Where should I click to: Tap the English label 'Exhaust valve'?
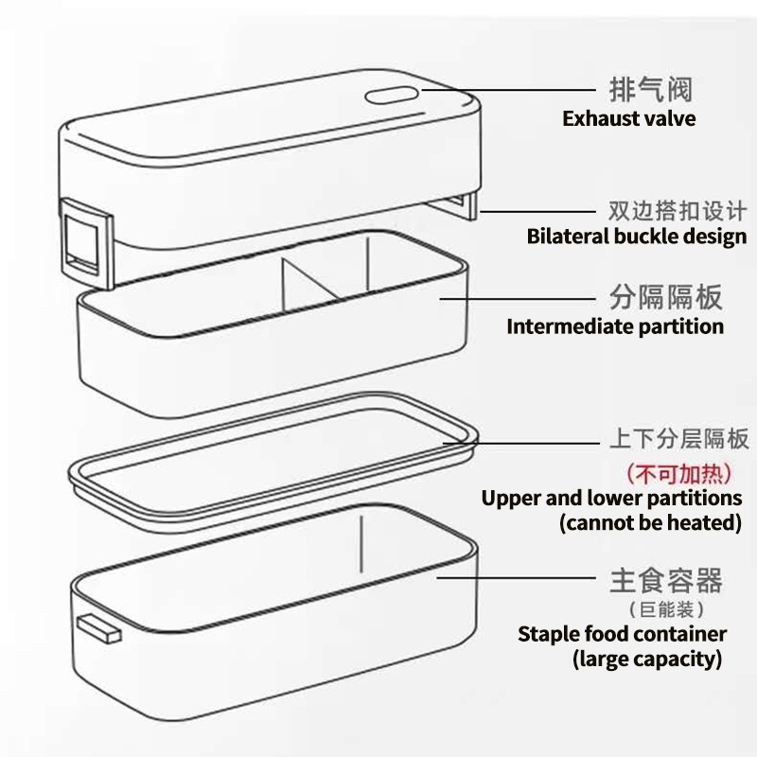pos(628,119)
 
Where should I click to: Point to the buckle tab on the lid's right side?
pos(464,204)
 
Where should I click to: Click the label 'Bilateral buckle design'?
pos(636,237)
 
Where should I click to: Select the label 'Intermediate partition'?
pos(615,327)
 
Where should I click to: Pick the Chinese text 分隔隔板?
pos(665,298)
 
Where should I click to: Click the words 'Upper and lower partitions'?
pos(611,498)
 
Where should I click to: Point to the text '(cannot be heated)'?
pos(650,522)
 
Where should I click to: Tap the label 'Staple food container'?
pos(622,634)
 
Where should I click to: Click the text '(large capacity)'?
pos(647,659)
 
